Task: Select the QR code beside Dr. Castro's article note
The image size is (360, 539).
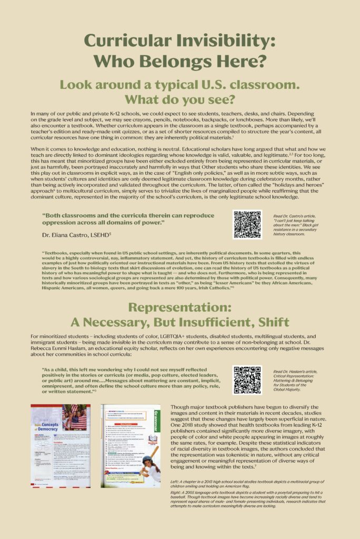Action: (247, 225)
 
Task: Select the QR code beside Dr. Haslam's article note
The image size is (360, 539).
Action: (247, 380)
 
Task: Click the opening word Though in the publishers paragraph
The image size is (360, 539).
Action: (180, 407)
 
